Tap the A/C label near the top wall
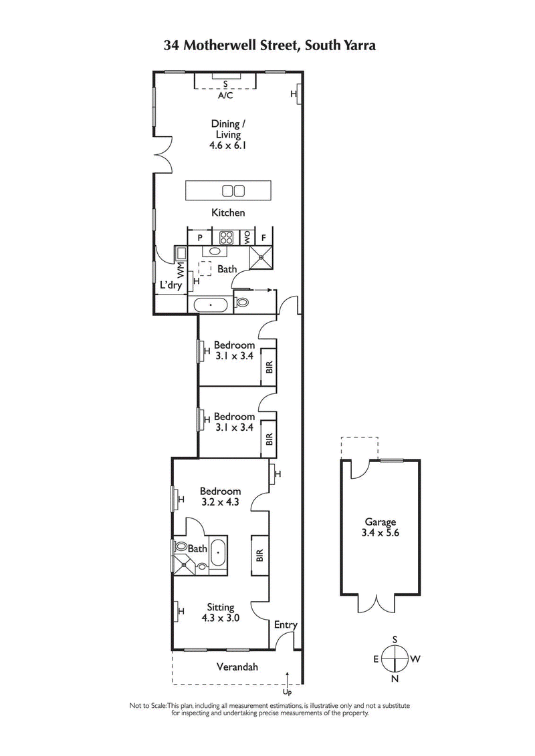pos(225,96)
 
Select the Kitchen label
pos(229,212)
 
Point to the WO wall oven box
pos(247,236)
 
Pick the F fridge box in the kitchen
pos(264,236)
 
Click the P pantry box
pos(199,236)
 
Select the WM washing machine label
pos(181,270)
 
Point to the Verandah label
pos(237,667)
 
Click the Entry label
pos(286,624)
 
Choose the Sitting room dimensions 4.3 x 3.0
pos(221,618)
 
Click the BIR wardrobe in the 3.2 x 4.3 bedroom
pos(259,554)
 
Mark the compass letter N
pos(395,679)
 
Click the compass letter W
pos(415,659)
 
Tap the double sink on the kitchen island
pos(233,191)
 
